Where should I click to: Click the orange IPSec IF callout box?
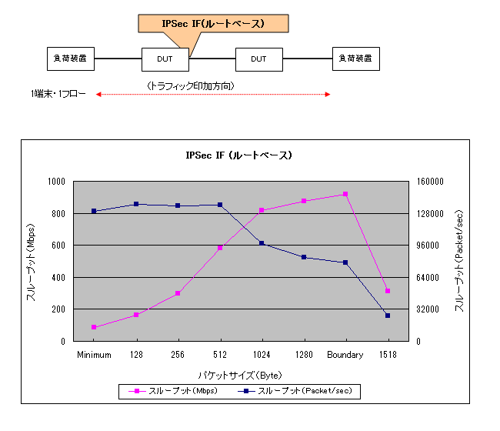[213, 23]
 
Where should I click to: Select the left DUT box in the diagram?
[165, 58]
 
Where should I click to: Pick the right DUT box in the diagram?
[258, 58]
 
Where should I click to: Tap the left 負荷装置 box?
[70, 58]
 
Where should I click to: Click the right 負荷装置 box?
[355, 58]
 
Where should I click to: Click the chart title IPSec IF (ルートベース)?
[239, 155]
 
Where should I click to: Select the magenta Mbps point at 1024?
[262, 210]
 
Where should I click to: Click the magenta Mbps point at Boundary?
[346, 194]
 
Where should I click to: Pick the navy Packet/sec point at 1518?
[388, 316]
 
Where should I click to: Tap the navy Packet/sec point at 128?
[136, 204]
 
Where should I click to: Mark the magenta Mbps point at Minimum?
[94, 327]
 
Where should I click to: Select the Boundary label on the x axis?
[345, 355]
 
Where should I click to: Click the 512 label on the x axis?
[220, 355]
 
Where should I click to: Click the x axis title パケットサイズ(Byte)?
[239, 375]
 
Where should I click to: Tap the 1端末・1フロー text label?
[58, 95]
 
